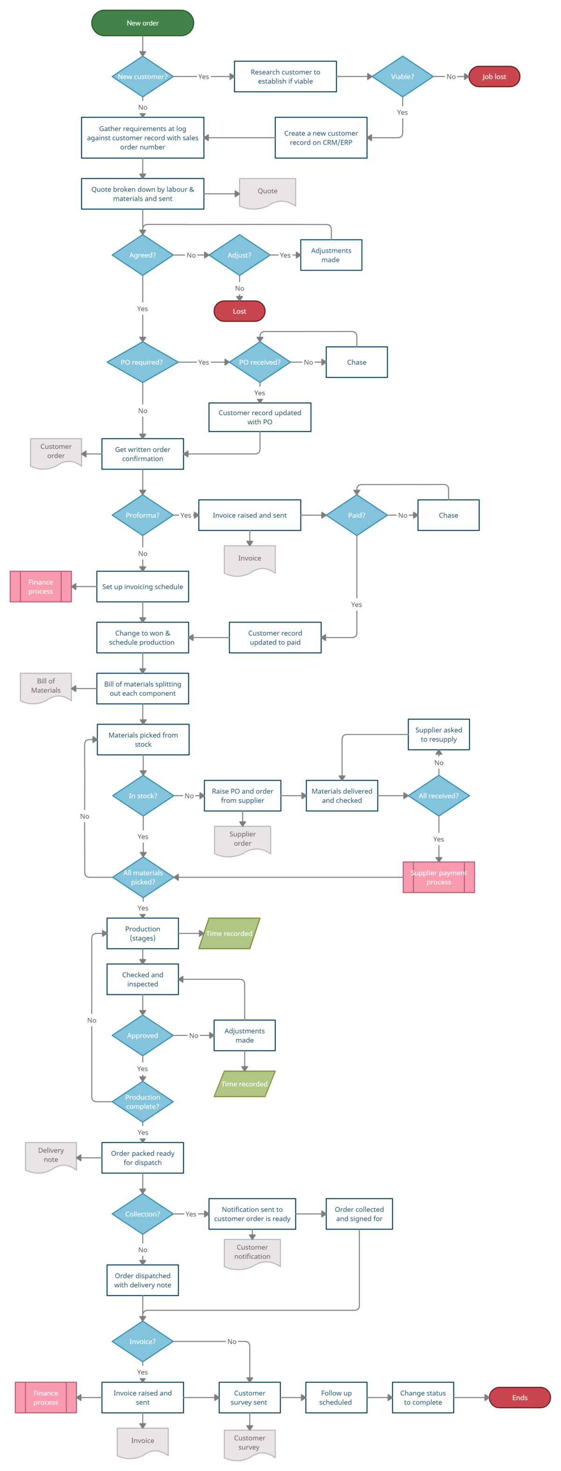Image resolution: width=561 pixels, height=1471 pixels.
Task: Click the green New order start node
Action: [x=142, y=23]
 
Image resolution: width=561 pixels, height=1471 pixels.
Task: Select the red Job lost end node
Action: [x=494, y=77]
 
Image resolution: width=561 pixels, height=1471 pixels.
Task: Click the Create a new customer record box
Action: [x=321, y=138]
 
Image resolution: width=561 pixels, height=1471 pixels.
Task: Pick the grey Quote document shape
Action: [x=267, y=192]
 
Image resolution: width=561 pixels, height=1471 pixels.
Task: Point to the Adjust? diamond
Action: [x=239, y=255]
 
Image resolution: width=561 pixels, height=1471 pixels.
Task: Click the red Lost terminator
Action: [x=239, y=311]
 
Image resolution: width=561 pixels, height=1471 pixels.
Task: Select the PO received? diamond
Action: [x=259, y=362]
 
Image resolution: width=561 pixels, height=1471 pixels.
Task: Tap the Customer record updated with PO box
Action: [x=259, y=417]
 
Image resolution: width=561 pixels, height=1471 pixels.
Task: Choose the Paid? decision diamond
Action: [x=356, y=515]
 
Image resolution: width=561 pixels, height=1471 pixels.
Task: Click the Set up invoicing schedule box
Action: [x=142, y=587]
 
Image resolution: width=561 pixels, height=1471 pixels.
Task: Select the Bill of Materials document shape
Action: [x=46, y=687]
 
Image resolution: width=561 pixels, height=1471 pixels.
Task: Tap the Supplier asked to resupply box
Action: [x=439, y=734]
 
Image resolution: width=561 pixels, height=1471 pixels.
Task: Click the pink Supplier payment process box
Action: [x=439, y=877]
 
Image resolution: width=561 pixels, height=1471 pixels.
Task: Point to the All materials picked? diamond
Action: [x=143, y=877]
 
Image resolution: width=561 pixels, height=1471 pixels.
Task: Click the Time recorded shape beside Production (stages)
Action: [x=229, y=933]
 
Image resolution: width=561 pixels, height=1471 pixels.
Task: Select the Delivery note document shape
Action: [x=51, y=1156]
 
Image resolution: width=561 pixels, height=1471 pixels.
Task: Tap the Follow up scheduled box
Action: [x=336, y=1398]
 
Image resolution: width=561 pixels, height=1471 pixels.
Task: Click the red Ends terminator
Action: [x=519, y=1398]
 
